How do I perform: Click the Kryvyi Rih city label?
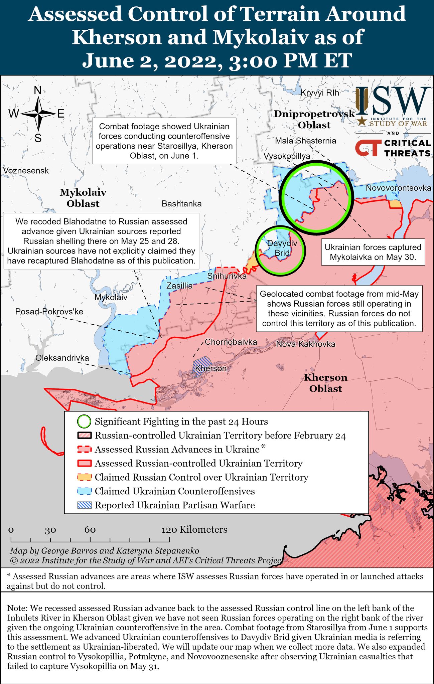(320, 93)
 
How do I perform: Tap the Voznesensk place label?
(26, 171)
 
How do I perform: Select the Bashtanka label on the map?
(181, 203)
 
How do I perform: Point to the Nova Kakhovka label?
(305, 344)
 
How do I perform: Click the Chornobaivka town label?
(231, 342)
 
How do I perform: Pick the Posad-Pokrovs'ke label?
(49, 312)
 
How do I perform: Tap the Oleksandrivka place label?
(62, 358)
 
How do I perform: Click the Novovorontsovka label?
(398, 188)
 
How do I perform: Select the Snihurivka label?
(227, 276)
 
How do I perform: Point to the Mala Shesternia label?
(305, 141)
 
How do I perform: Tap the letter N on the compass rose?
(38, 90)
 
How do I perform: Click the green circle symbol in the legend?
(84, 421)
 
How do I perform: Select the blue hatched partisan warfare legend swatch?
(84, 505)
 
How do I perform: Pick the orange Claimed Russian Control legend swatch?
(84, 477)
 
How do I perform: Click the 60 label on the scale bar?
(90, 530)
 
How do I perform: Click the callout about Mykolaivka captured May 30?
(373, 252)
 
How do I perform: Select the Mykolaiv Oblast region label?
(83, 198)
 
